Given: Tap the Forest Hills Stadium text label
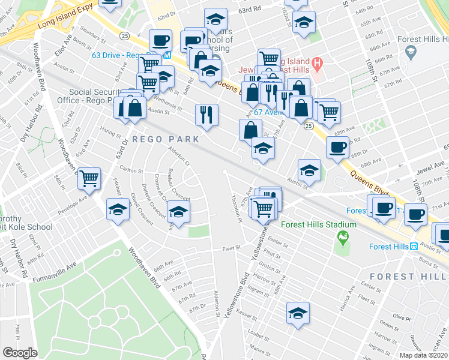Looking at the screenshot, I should click(x=319, y=225).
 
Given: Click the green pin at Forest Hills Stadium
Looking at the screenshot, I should click(x=343, y=239).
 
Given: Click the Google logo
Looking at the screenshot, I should click(x=20, y=353).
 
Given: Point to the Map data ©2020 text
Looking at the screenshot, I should click(x=423, y=355).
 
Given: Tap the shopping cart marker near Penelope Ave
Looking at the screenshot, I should click(x=89, y=178).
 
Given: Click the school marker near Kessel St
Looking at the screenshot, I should click(x=298, y=313).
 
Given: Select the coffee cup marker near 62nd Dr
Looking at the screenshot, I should click(x=160, y=41).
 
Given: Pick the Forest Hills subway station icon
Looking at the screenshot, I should click(x=413, y=247).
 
